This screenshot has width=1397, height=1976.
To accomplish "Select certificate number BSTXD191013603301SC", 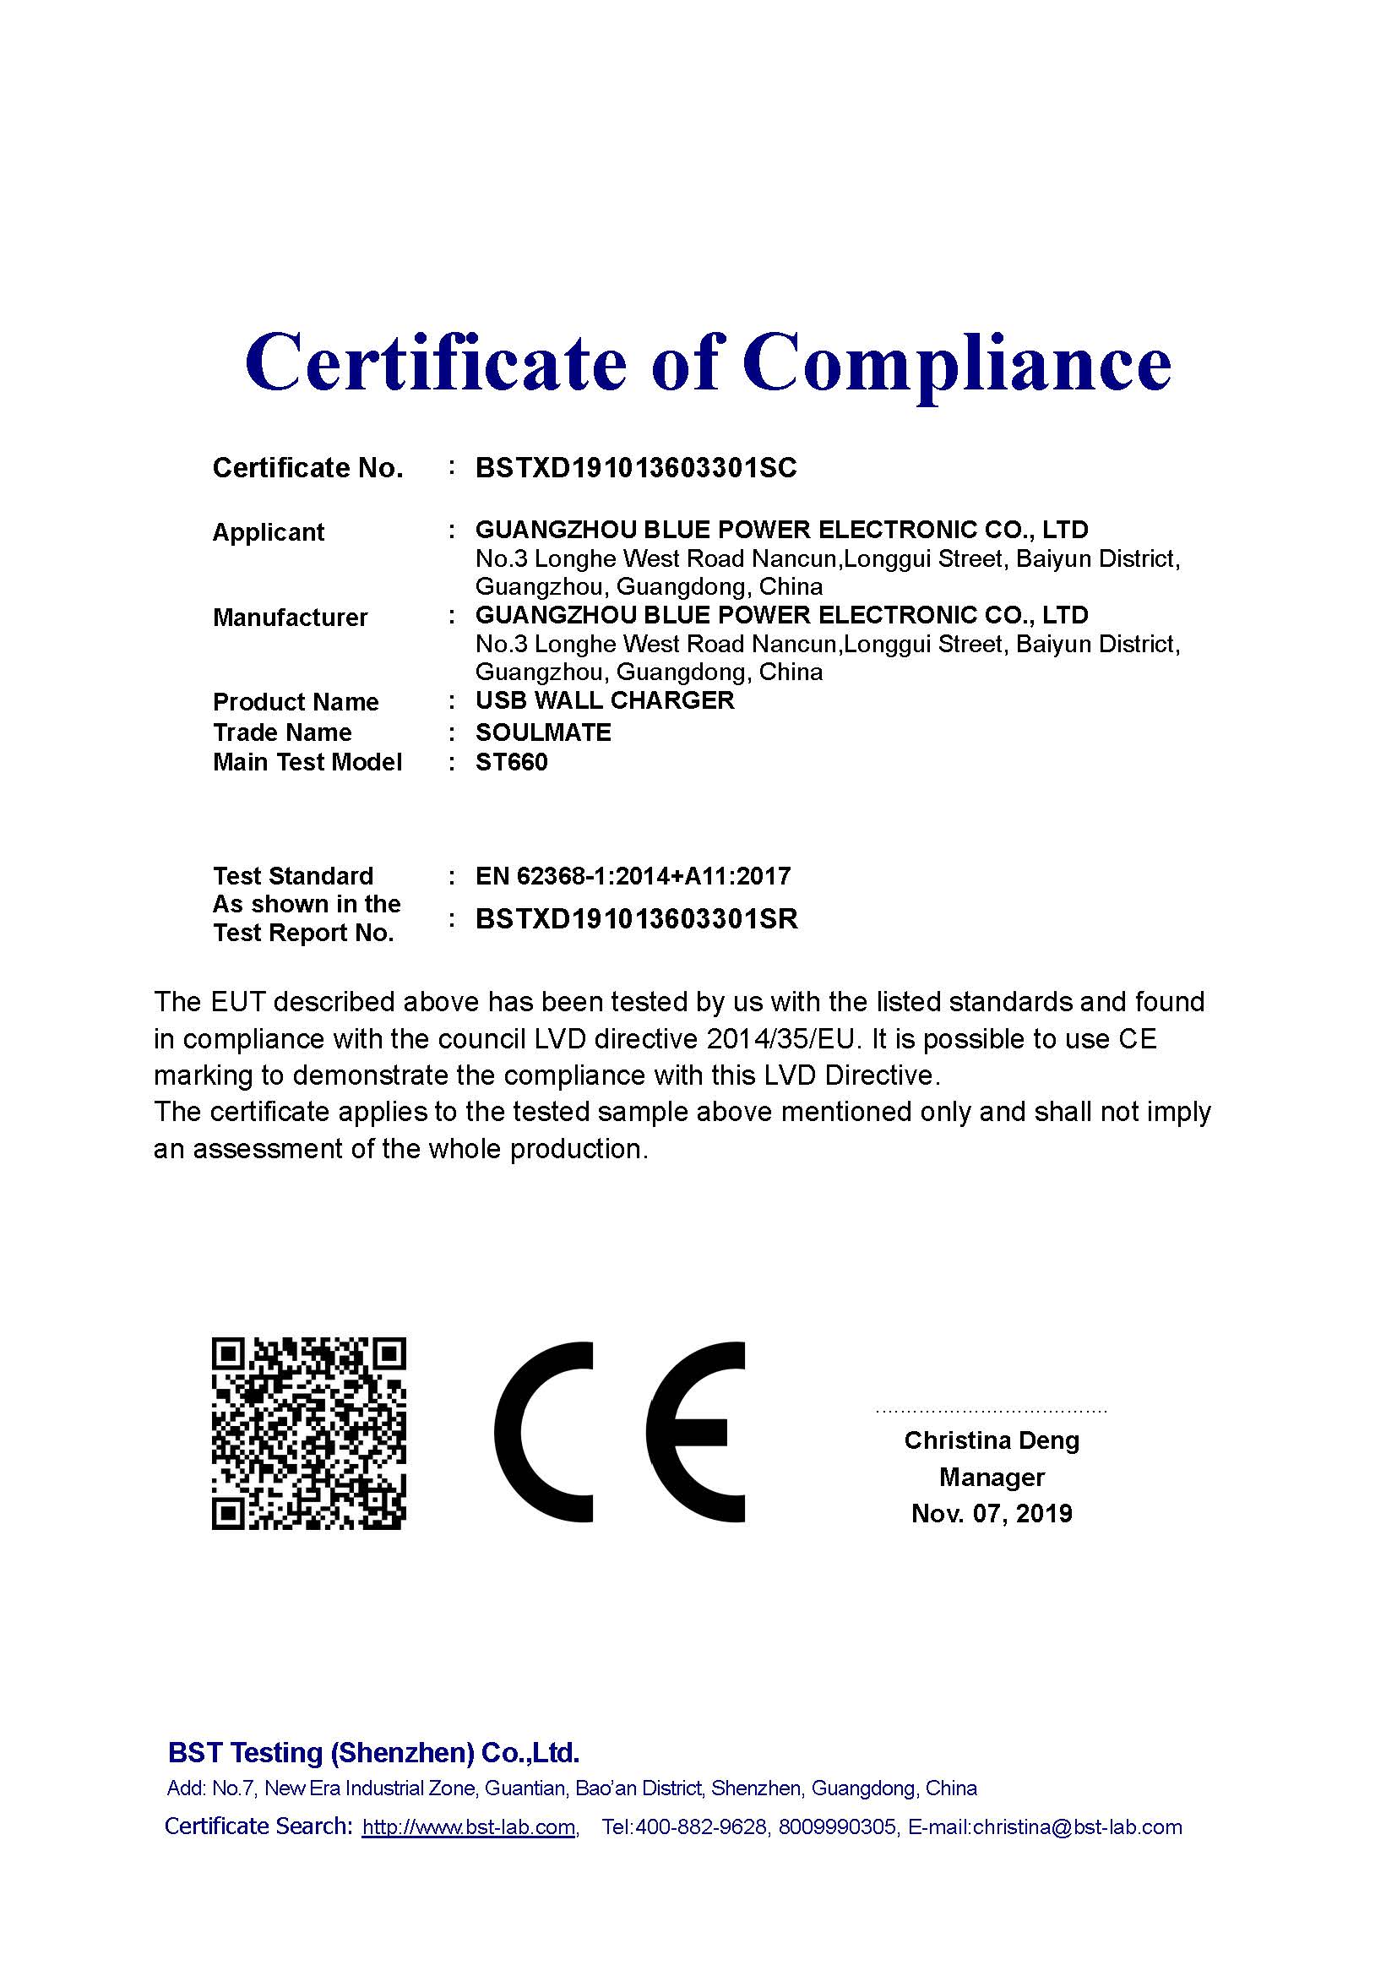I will (x=636, y=468).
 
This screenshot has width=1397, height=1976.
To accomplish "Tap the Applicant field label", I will (x=268, y=533).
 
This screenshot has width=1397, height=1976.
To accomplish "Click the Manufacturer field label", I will (x=290, y=618).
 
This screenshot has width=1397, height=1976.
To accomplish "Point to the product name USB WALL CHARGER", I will (x=605, y=700).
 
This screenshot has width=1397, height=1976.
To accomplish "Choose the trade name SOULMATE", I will (x=543, y=732).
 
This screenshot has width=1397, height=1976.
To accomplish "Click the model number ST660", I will (x=511, y=763).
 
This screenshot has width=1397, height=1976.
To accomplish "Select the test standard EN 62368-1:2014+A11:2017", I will (x=633, y=876).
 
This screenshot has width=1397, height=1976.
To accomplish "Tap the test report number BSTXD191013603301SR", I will (x=637, y=919).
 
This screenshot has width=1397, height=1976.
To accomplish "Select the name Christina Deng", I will (x=991, y=1440).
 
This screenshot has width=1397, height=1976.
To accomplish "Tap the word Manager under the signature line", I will (x=991, y=1478).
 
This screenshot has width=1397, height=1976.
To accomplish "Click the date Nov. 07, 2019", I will (x=991, y=1514).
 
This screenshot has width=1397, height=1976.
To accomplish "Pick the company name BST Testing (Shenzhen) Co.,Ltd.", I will (x=373, y=1753).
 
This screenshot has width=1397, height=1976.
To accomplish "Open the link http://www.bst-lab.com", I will (x=469, y=1827).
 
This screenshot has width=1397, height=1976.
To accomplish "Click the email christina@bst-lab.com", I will (x=1077, y=1827).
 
